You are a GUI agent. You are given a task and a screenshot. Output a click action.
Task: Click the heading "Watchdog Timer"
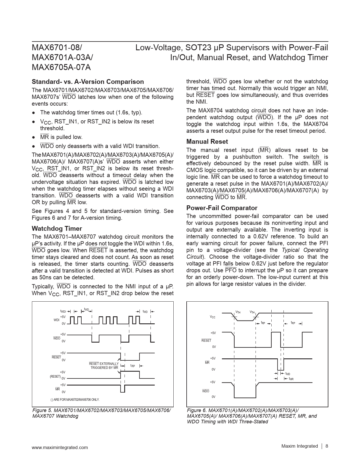57,228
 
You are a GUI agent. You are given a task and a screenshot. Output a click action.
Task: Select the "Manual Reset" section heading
207,141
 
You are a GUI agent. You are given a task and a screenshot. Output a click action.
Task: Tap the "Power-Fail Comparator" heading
222,208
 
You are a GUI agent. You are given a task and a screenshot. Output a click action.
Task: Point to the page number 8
327,446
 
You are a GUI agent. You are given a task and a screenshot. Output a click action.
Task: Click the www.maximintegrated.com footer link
60,447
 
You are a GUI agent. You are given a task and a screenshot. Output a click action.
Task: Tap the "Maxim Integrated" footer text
299,446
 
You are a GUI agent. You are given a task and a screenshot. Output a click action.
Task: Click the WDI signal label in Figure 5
56,320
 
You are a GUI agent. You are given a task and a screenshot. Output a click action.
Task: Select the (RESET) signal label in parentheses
55,376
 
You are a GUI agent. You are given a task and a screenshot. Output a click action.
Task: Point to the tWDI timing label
63,311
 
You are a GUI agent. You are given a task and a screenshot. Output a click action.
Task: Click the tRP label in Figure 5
132,366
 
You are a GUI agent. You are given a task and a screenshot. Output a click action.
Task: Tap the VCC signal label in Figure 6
212,317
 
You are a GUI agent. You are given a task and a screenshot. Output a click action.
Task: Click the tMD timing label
287,374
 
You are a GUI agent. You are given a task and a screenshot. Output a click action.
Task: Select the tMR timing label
291,379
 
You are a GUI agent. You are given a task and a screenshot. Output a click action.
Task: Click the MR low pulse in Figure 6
280,365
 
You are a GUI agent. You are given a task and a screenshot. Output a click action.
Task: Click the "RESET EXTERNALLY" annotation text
104,363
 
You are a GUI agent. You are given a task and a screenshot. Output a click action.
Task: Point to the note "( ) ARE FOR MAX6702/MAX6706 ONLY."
75,399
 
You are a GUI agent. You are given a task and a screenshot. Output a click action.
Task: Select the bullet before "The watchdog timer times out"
34,113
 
